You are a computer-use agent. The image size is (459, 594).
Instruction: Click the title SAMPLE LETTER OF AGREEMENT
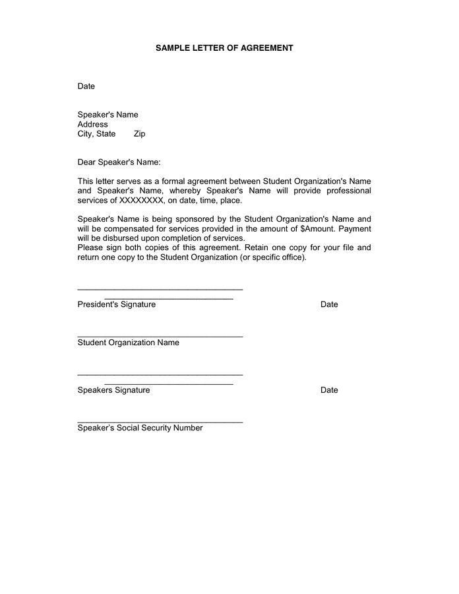(224, 48)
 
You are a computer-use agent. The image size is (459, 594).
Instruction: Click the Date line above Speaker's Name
(86, 86)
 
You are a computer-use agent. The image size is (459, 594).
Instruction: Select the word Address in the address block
(92, 124)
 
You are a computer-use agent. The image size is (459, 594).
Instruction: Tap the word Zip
(139, 134)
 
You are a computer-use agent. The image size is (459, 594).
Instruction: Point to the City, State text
(96, 134)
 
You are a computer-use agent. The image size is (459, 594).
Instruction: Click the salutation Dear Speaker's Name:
(119, 162)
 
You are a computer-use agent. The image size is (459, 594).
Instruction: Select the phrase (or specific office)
(273, 257)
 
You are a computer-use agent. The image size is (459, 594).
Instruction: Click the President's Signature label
(116, 304)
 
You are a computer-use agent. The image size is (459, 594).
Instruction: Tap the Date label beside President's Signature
(329, 304)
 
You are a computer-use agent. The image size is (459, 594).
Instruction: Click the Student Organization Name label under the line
(128, 343)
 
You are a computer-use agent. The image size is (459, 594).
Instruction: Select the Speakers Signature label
(113, 390)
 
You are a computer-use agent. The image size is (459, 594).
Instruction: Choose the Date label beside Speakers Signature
(329, 390)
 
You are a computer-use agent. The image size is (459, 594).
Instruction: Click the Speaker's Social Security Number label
(140, 428)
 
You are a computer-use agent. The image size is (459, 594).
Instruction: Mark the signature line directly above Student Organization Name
(160, 337)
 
